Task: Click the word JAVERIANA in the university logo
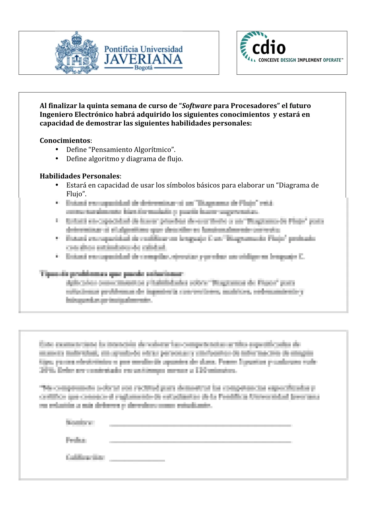click(143, 59)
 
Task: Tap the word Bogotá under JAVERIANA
click(143, 68)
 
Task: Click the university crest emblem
click(76, 53)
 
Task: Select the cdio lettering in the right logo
click(269, 48)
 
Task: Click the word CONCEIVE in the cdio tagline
click(268, 60)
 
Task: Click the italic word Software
click(197, 106)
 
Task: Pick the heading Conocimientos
click(65, 141)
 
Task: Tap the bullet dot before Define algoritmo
click(57, 159)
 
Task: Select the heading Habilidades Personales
click(80, 176)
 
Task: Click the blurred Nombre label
click(80, 422)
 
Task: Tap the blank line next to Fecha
click(200, 442)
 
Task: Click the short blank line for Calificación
click(137, 460)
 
